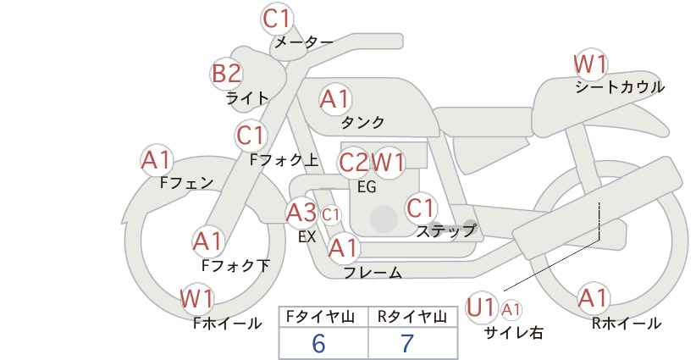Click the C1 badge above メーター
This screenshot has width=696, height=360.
277,18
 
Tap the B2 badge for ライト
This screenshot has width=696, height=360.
226,74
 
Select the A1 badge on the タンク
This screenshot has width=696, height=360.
334,99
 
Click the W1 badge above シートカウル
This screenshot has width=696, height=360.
590,64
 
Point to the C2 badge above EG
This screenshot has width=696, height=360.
353,162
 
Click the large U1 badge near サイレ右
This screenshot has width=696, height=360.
481,307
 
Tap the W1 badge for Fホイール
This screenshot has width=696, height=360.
196,299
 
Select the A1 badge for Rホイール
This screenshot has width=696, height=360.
593,298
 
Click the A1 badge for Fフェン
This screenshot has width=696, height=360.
156,159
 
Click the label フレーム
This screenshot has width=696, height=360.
373,273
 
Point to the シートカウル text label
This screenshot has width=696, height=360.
619,87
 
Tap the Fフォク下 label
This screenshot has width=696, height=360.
235,265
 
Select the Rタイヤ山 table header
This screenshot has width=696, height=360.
412,317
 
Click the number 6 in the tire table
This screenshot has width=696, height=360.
318,344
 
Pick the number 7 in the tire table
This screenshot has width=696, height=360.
407,344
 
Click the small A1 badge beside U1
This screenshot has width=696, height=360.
511,309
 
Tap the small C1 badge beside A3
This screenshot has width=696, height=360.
330,215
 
